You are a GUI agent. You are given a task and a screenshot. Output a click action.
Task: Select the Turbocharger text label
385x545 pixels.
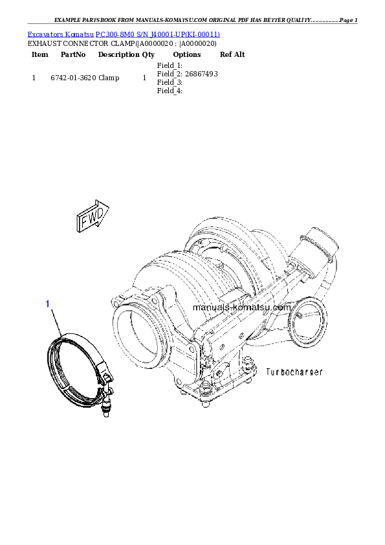pos(294,372)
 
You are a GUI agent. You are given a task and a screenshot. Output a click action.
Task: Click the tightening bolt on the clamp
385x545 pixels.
pos(105,401)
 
